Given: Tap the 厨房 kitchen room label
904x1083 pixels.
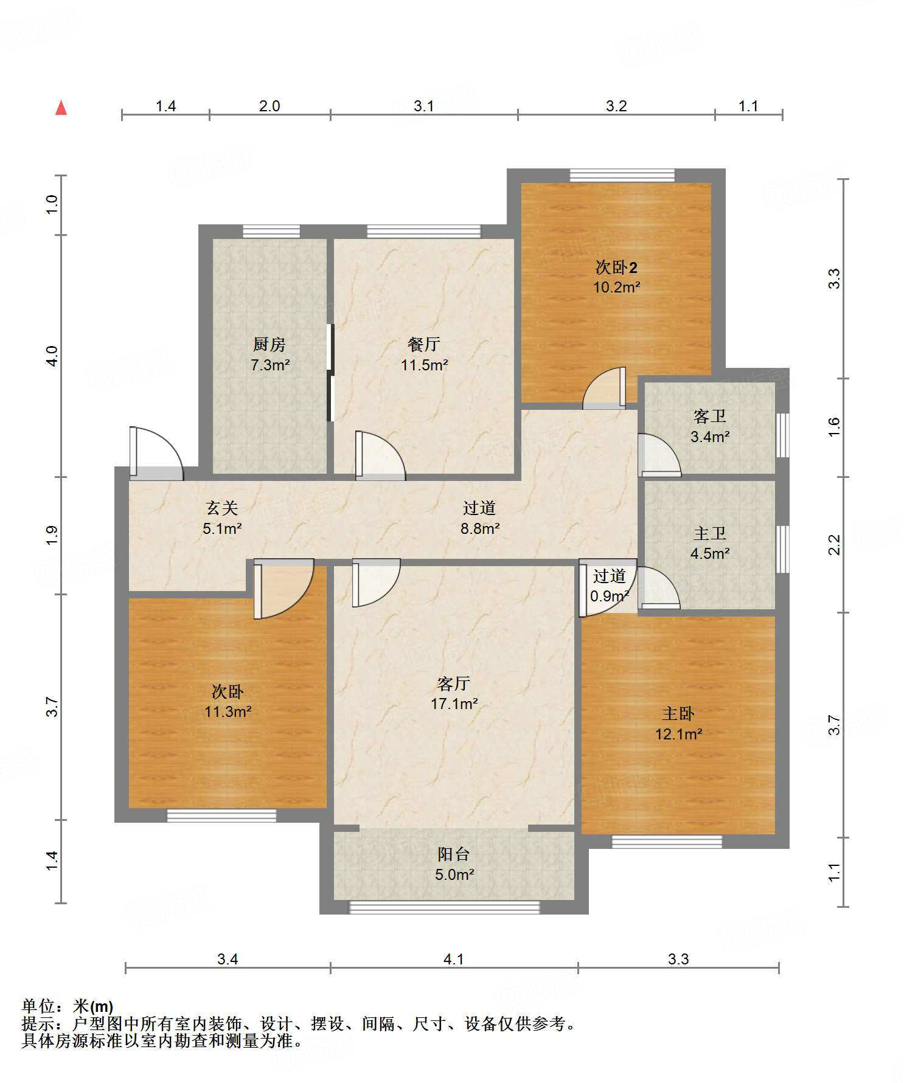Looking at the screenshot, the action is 269,345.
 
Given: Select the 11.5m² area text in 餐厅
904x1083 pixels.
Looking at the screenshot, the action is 425,365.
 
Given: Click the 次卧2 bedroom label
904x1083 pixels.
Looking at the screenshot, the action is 616,267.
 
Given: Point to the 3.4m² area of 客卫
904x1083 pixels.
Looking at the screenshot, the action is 710,436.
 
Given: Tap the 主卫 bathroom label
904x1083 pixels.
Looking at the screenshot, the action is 710,533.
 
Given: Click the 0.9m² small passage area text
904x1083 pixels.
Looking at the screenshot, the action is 609,596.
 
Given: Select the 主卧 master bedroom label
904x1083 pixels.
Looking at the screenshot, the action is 678,713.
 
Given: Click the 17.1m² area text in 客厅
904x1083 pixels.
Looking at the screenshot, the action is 454,704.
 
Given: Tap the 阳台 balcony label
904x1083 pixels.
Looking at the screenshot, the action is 454,854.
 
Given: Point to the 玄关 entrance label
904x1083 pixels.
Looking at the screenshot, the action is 222,508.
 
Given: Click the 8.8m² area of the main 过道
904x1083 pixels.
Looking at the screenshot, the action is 480,528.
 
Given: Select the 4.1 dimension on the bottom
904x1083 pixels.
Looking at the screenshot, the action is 454,959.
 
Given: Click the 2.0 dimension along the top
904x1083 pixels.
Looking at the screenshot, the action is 269,106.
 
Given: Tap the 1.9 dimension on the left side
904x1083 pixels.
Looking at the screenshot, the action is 52,535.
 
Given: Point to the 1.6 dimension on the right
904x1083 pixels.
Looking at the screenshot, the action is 834,427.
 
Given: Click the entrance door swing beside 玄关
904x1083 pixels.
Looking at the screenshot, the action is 156,454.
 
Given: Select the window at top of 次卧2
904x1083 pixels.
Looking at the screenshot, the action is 622,175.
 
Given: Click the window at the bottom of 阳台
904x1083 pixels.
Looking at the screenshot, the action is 445,907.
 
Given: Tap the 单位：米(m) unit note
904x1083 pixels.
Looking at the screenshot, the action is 68,1006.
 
